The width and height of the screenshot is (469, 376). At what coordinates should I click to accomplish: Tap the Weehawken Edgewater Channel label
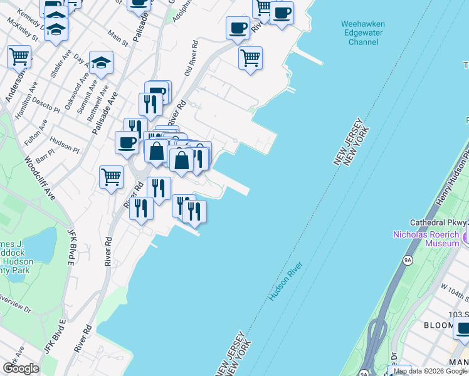(x=362, y=33)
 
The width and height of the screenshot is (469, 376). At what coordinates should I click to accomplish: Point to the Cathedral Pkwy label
(x=439, y=222)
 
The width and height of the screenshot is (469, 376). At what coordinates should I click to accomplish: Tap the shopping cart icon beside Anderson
(x=19, y=56)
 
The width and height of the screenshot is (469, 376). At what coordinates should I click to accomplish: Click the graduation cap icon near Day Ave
(x=101, y=62)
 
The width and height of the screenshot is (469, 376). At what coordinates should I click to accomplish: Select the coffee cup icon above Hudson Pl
(x=127, y=142)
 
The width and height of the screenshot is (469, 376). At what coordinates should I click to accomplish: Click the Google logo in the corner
(x=20, y=368)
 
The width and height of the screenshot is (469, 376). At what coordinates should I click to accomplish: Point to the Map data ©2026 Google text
(x=429, y=371)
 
